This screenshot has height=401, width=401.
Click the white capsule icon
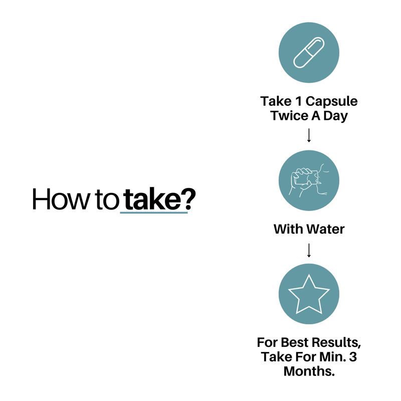[x=309, y=53]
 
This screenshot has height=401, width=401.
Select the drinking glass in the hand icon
[x=306, y=177]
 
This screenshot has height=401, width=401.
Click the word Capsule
[x=331, y=101]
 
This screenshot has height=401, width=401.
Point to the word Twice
[x=290, y=116]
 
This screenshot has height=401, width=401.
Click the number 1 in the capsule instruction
[x=298, y=101]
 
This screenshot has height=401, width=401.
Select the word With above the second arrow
[x=289, y=229]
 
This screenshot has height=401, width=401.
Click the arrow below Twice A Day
[x=309, y=135]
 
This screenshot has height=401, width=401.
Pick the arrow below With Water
[x=309, y=250]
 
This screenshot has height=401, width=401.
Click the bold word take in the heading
[x=152, y=199]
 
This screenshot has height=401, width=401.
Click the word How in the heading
[x=61, y=199]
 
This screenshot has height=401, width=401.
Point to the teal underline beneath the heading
[x=154, y=213]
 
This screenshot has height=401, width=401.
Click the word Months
[x=309, y=371]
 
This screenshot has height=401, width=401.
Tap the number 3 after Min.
[x=353, y=357]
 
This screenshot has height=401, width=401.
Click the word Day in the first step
[x=335, y=116]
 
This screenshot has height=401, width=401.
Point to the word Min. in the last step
[x=333, y=357]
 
